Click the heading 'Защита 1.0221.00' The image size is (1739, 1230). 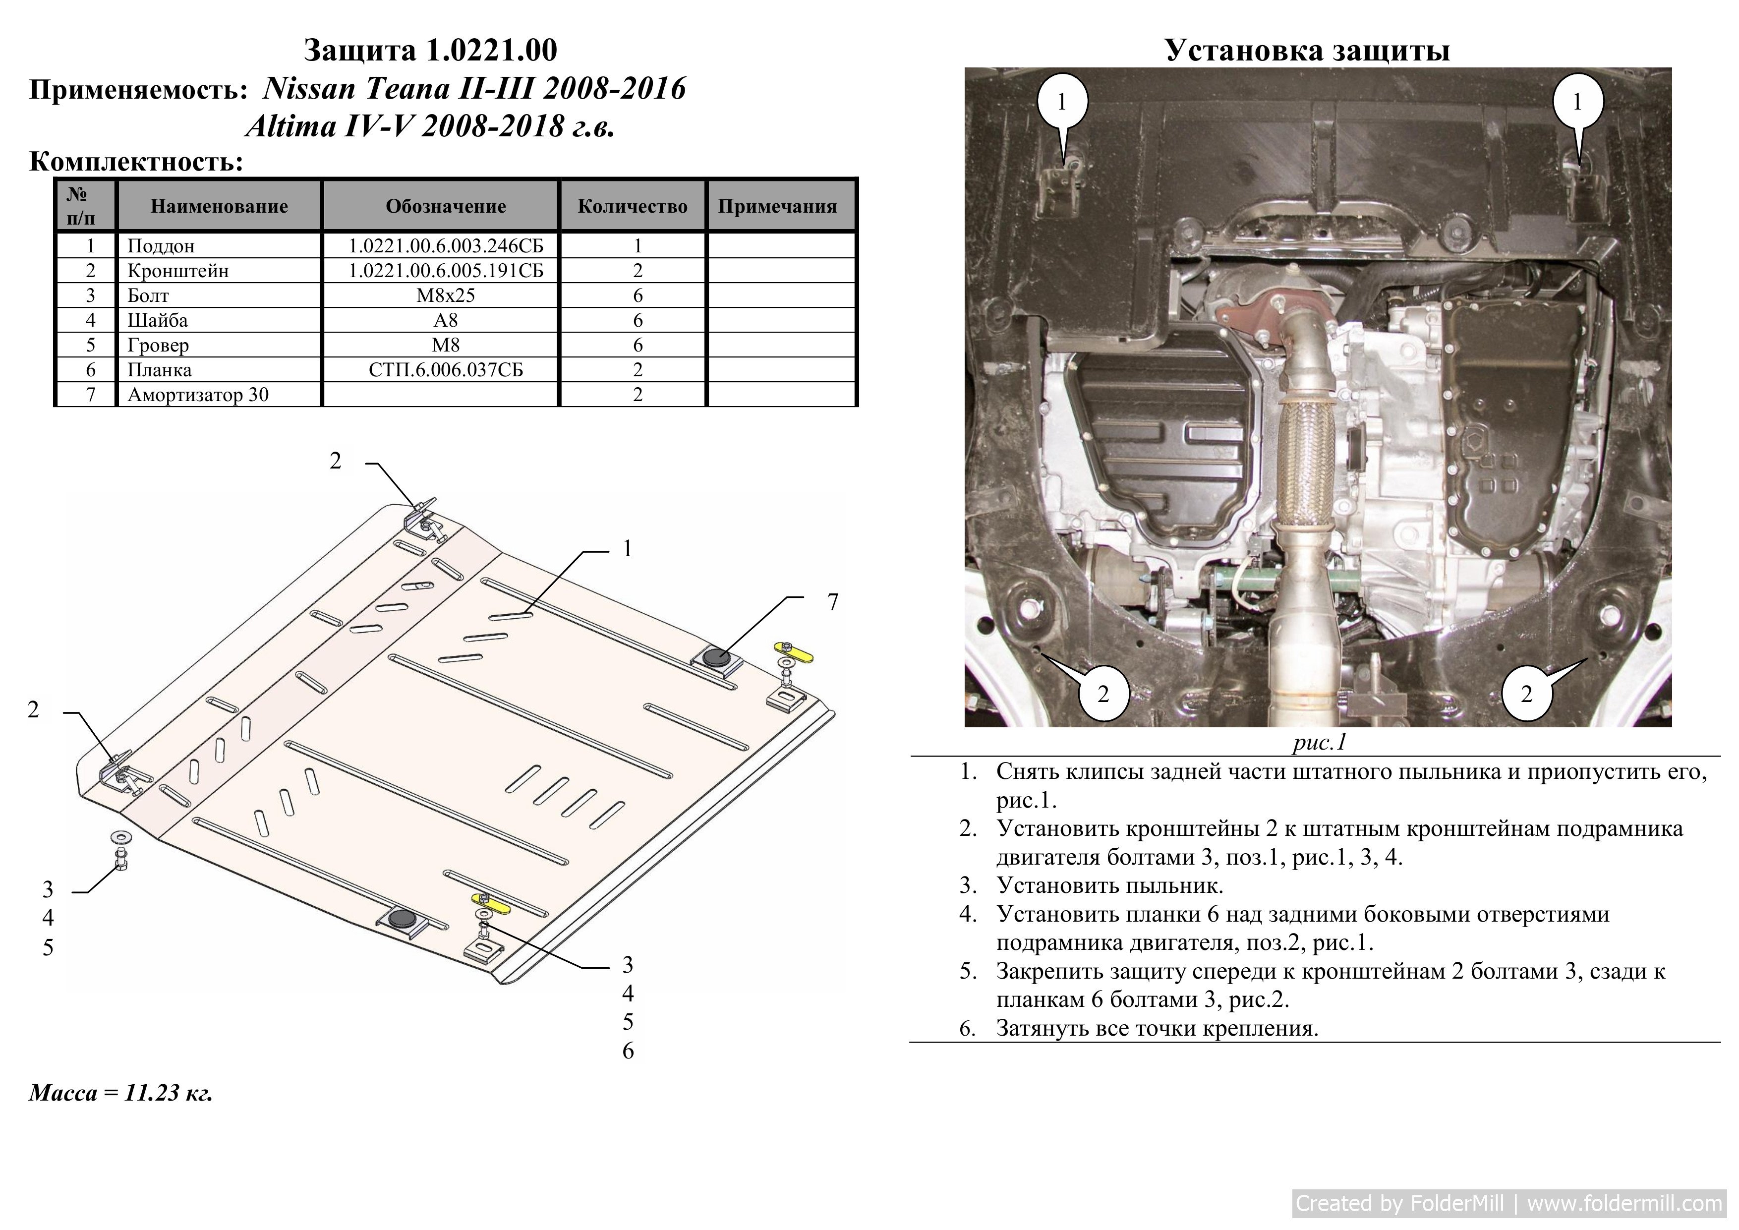430,51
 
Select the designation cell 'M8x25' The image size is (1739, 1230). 445,295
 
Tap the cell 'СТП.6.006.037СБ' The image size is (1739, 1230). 445,370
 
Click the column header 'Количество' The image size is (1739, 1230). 633,206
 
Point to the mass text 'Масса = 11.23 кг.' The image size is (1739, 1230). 121,1093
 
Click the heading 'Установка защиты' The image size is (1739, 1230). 1307,50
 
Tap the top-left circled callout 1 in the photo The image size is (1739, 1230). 1062,102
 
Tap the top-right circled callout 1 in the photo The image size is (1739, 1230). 1577,102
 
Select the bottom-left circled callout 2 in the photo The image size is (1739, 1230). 1103,693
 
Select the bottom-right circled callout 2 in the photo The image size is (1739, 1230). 1526,693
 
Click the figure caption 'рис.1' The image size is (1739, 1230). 1320,742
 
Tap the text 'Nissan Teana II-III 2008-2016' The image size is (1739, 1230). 474,89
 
